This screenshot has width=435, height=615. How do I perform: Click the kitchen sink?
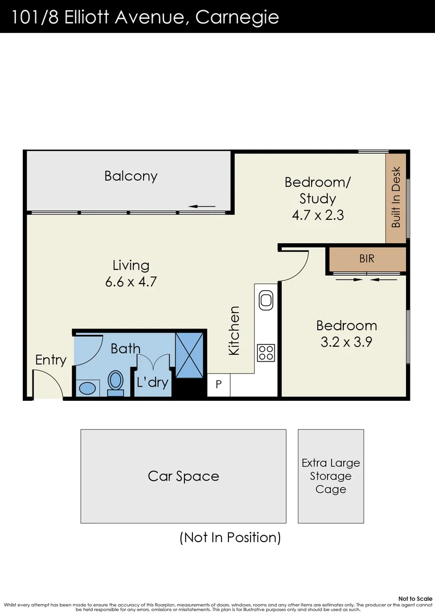pos(266,300)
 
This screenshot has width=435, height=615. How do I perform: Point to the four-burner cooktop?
pos(266,352)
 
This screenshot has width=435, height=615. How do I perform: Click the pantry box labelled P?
pos(219,386)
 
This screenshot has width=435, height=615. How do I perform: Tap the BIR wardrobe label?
pos(367,259)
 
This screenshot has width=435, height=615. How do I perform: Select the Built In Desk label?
pos(396,197)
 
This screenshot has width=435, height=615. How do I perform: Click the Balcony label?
pos(130,176)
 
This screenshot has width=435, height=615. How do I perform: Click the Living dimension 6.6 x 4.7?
pos(131,282)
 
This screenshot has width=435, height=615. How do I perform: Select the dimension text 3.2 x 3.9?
pos(346,343)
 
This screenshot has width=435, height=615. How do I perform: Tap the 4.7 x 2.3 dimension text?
pos(318,215)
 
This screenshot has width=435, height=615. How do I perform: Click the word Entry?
pos(51,360)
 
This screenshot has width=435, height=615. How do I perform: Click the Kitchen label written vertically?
pos(234,331)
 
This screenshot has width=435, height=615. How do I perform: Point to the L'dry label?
pos(153,382)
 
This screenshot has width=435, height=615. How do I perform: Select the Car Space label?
pos(183,476)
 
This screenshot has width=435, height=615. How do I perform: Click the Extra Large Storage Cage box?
pos(331,476)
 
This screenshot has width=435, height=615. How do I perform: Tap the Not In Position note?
pos(230,537)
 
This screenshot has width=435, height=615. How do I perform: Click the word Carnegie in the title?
pos(237,17)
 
